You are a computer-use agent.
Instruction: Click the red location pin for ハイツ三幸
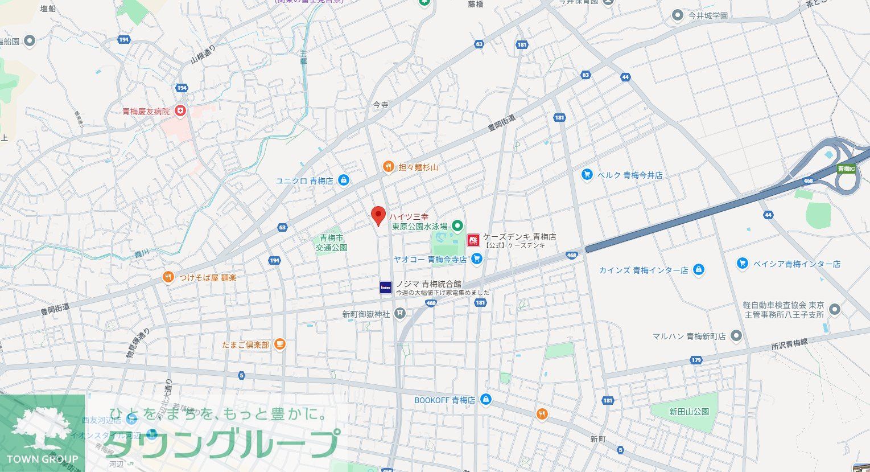(x=378, y=216)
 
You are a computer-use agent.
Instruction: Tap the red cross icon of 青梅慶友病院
(x=180, y=111)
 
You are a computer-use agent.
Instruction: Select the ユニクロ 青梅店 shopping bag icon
(x=343, y=180)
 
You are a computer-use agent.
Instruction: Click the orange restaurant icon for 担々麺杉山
(x=388, y=167)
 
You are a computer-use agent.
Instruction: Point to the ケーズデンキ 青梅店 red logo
(x=473, y=240)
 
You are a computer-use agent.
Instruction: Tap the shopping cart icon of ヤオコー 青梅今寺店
(x=477, y=259)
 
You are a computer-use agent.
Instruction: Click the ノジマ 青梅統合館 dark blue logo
(x=386, y=288)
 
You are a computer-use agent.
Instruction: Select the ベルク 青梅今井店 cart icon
(x=587, y=175)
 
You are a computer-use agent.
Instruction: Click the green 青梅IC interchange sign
(x=847, y=169)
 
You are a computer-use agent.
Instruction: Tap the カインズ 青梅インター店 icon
(x=699, y=270)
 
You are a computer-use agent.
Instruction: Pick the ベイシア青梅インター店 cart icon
(x=742, y=263)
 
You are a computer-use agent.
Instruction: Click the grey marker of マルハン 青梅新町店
(x=736, y=336)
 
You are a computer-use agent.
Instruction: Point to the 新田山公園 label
(x=688, y=411)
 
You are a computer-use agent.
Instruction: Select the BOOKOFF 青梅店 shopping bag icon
(x=485, y=400)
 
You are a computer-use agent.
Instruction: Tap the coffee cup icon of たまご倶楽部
(x=279, y=344)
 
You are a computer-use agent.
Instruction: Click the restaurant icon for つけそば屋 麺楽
(x=168, y=277)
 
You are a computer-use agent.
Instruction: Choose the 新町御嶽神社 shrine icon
(x=400, y=313)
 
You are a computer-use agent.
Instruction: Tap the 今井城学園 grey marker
(x=677, y=15)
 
